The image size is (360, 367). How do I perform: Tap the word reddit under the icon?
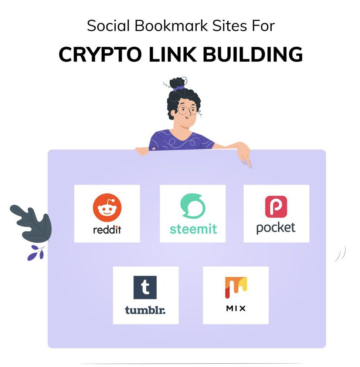(x=107, y=230)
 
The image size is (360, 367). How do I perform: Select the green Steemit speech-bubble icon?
(x=193, y=206)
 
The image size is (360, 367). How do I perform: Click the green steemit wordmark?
(x=193, y=229)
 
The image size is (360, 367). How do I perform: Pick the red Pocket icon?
(x=276, y=206)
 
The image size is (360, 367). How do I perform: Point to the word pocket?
(x=276, y=228)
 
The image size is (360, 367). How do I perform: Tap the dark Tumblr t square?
(x=145, y=287)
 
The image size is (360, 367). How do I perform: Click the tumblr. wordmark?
(x=145, y=310)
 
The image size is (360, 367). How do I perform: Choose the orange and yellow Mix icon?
(x=236, y=287)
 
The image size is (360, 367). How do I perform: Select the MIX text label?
(x=236, y=308)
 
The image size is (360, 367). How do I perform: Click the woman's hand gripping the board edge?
(x=142, y=151)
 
